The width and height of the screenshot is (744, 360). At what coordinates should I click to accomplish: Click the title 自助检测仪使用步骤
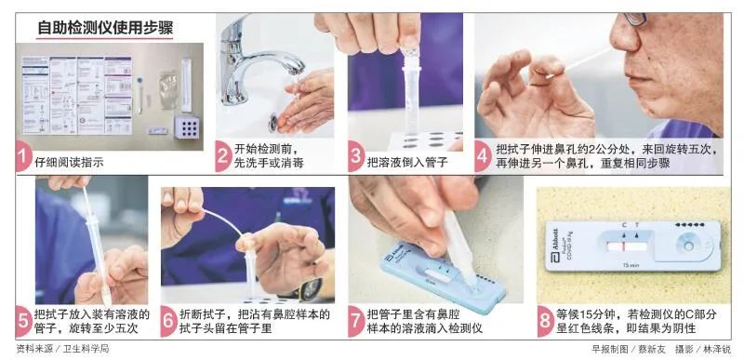click(x=105, y=29)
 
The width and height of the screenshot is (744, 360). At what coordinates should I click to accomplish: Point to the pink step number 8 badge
click(x=545, y=321)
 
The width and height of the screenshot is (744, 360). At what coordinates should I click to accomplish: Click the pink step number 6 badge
click(x=168, y=321)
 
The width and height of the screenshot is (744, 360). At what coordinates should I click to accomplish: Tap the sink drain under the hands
click(x=273, y=123)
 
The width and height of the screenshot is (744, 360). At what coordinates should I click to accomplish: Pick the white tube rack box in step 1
click(x=187, y=127)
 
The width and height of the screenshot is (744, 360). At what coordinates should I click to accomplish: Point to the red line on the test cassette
click(x=625, y=247)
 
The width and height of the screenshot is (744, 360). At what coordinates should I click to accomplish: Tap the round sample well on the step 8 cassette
click(x=688, y=247)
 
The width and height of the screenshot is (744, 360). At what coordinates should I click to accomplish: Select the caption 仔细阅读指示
click(x=69, y=163)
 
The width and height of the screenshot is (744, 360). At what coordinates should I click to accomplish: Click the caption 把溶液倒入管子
click(x=407, y=163)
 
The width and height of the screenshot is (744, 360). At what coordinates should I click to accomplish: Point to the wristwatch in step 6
click(x=312, y=289)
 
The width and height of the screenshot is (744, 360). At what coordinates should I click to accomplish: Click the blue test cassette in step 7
click(x=441, y=280)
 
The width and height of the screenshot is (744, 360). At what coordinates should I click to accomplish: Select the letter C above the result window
click(x=624, y=225)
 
